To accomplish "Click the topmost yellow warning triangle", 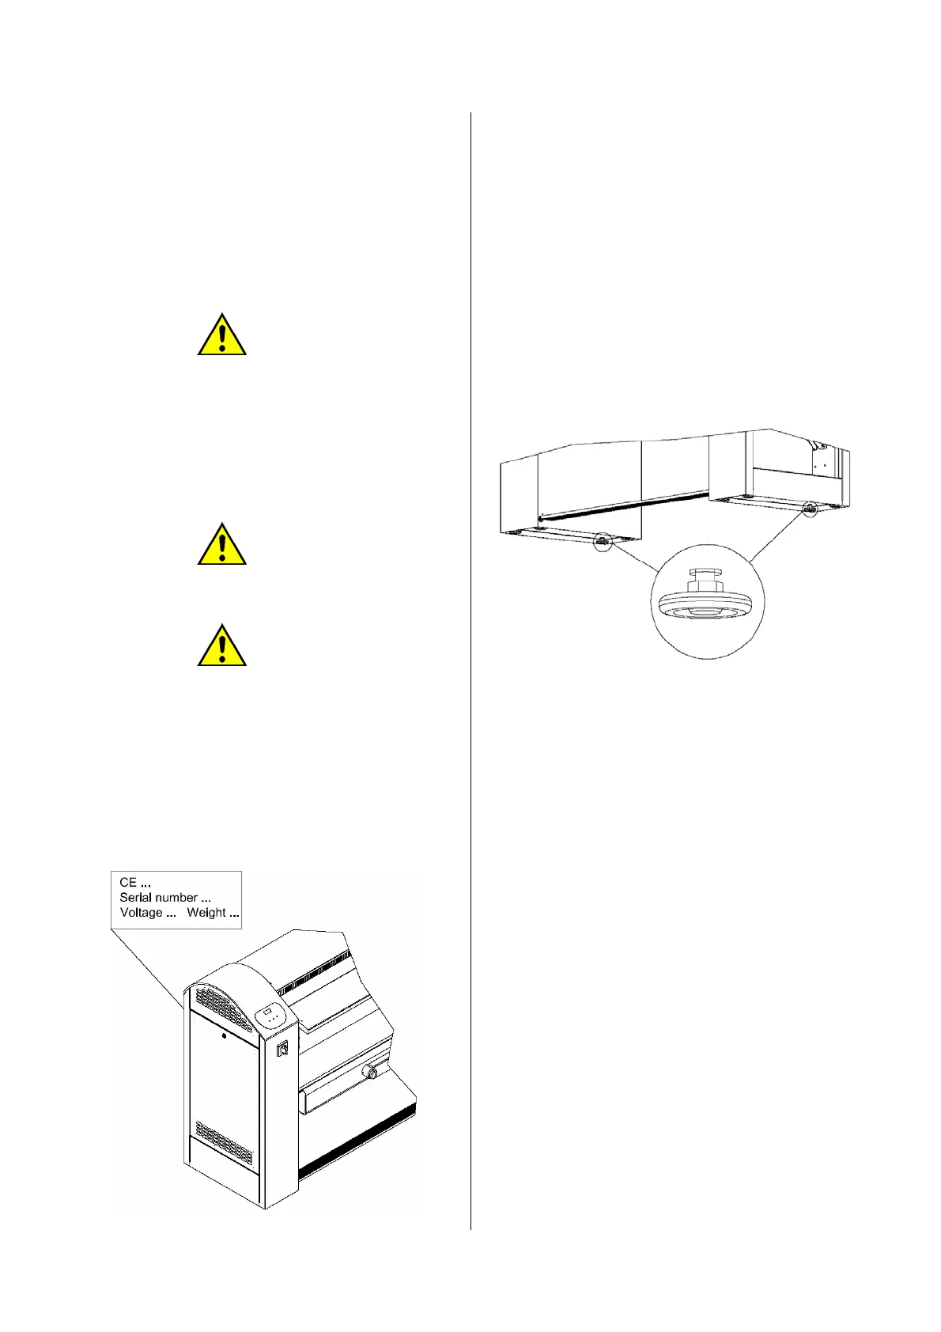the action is (222, 335).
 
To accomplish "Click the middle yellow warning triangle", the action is (222, 545).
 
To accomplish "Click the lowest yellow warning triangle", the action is (222, 646).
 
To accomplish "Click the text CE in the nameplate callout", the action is (127, 882).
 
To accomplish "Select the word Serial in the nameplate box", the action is (135, 897).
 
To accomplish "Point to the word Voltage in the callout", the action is (141, 912).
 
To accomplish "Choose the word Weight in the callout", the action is (206, 912).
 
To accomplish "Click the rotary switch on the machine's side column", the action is (282, 1050).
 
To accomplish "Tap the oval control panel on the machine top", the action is (270, 1016).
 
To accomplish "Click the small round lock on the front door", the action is (224, 1036).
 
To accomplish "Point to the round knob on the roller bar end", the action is (368, 1073).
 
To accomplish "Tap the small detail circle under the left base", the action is (603, 542).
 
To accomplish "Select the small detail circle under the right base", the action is (809, 510).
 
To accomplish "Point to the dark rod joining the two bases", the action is (625, 505).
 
